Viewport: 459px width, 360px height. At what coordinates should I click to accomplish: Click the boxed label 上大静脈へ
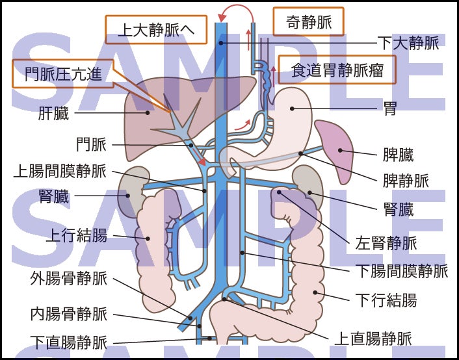[155, 30]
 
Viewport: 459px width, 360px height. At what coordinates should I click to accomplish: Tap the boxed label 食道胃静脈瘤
[337, 70]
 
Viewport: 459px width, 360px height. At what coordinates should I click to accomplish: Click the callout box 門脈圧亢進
[63, 73]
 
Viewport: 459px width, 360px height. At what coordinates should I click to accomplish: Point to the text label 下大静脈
[408, 44]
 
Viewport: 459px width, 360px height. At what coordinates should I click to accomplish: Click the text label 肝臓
[53, 114]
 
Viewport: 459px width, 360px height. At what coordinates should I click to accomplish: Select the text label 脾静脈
[406, 180]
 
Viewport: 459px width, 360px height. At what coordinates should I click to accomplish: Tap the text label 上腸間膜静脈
[59, 172]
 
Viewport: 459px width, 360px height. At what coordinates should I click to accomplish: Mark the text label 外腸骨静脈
[68, 279]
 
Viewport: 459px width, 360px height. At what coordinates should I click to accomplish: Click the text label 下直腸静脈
[68, 342]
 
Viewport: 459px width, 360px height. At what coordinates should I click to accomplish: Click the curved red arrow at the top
[235, 12]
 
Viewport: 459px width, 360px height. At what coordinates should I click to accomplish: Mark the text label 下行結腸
[386, 300]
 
